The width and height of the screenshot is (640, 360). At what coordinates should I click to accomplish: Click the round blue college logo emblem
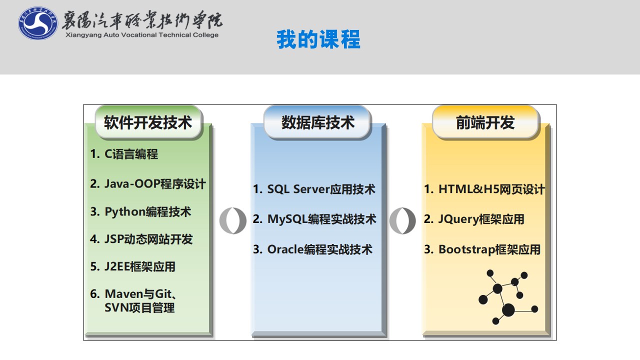pos(37,23)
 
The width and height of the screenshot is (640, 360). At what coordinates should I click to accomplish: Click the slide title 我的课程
pos(318,39)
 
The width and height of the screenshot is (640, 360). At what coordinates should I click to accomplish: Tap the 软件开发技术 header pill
pos(148,122)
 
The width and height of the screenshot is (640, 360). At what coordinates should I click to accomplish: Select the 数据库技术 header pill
pos(317,122)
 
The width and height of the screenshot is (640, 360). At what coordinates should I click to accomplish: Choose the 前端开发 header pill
pos(485,122)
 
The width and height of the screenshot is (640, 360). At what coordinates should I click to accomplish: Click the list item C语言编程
pos(131,154)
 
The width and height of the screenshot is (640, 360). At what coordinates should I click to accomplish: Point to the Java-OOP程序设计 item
pos(155,183)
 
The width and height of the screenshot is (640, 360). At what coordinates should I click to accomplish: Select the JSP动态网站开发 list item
pos(148,239)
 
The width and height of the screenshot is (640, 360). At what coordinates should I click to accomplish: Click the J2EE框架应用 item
pos(139,266)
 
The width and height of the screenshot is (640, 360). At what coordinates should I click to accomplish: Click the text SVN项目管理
pos(139,307)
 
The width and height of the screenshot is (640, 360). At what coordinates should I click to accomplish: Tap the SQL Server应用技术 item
pos(321,189)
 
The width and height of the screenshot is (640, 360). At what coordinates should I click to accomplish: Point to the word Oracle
pos(285,249)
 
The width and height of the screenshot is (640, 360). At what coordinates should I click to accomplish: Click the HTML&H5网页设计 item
pos(491,189)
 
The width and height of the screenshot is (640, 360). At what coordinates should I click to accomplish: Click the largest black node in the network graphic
pos(508,310)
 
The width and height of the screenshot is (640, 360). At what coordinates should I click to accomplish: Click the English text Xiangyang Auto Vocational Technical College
pos(142,35)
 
